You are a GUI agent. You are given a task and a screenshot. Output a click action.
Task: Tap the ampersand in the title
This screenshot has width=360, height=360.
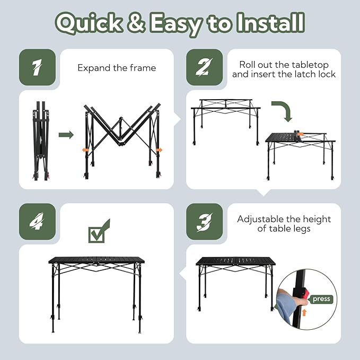pyautogui.click(x=136, y=22)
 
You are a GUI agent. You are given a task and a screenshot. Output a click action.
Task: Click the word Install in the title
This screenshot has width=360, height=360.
pyautogui.click(x=271, y=22)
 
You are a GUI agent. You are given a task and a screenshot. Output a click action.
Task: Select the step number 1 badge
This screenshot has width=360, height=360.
pyautogui.click(x=37, y=67)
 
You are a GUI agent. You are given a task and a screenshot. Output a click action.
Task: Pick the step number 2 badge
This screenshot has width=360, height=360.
pyautogui.click(x=204, y=67)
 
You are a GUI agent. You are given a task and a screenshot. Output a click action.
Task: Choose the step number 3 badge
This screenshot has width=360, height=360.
pyautogui.click(x=204, y=222)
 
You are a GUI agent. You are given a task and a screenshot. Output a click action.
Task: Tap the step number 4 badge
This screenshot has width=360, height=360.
pyautogui.click(x=37, y=222)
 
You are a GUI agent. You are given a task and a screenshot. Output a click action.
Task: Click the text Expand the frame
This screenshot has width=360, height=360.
pyautogui.click(x=117, y=68)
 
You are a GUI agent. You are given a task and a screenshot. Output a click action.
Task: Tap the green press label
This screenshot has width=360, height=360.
pyautogui.click(x=321, y=299)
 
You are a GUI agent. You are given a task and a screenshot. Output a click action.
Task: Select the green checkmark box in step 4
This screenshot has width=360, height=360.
pyautogui.click(x=96, y=235)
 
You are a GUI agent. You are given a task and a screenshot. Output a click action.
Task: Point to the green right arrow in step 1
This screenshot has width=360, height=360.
pyautogui.click(x=66, y=135)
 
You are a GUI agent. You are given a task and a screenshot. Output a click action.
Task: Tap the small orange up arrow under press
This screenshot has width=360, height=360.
pyautogui.click(x=304, y=312)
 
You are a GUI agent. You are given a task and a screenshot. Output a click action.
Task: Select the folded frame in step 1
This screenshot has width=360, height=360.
pyautogui.click(x=41, y=141)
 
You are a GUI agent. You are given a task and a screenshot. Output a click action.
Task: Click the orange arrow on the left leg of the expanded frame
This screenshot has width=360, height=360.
pyautogui.click(x=85, y=150)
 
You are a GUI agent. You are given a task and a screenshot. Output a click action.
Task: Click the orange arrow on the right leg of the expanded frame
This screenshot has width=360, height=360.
pyautogui.click(x=159, y=150)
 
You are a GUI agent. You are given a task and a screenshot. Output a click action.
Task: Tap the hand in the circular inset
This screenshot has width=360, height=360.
pyautogui.click(x=289, y=301)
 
